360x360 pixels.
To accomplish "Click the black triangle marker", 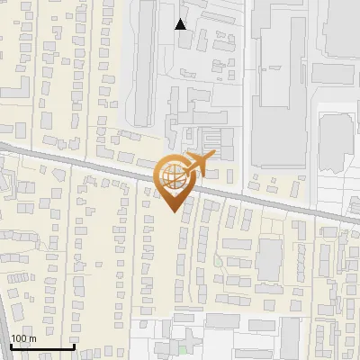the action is (181, 24).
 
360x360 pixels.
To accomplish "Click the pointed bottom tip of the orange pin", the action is (173, 211).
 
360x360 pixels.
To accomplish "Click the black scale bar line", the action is (41, 347).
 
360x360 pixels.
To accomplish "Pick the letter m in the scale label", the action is (32, 339).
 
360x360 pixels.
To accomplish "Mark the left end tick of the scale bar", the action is (10, 346).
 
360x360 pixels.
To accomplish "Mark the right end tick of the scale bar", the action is (74, 346).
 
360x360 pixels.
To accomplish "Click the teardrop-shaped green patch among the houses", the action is (218, 262).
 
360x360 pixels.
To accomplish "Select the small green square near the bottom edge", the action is (184, 350).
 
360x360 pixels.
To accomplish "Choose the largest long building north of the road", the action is (278, 81).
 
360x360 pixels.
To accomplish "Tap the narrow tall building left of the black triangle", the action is (142, 63).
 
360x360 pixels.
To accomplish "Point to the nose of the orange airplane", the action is (214, 156).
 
